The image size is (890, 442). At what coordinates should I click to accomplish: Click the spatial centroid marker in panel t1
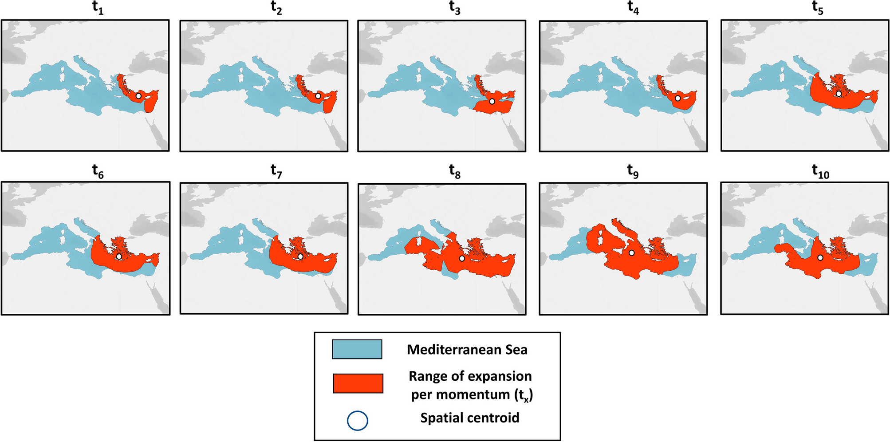point(138,96)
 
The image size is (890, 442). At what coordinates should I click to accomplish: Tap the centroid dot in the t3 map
point(492,102)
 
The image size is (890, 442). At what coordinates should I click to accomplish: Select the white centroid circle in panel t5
point(839,94)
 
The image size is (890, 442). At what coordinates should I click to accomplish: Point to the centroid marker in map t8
point(462,258)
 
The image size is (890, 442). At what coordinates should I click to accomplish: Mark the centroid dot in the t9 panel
point(631,253)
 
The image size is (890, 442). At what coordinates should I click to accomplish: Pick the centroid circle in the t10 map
point(820,258)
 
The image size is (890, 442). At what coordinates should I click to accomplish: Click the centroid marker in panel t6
point(119,257)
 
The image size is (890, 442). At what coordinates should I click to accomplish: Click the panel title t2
point(276,8)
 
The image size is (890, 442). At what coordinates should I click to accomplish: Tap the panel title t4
point(633,8)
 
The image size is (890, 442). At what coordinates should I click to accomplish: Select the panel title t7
point(276,171)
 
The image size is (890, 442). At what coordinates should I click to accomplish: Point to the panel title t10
point(820,171)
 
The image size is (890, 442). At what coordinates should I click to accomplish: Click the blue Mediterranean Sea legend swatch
point(357,349)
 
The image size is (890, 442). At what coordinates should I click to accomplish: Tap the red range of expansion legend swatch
point(358,383)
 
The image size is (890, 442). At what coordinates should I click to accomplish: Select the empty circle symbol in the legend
point(357,421)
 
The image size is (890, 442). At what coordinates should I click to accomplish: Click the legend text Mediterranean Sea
point(467,350)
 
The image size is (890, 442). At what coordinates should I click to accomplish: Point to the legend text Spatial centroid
point(469,418)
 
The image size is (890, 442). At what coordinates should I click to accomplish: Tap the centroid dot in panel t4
point(678,98)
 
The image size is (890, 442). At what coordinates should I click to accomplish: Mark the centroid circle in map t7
point(300,257)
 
